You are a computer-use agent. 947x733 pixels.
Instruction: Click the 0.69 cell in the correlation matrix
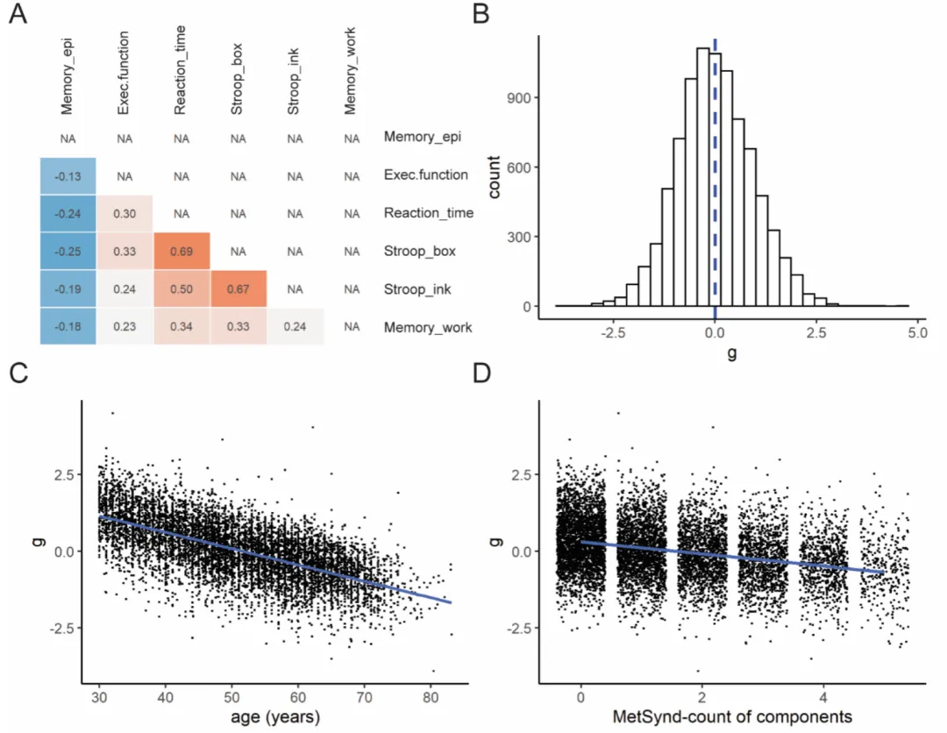[181, 252]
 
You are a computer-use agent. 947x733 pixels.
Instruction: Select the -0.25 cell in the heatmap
[68, 252]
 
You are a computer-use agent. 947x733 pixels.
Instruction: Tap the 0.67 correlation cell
[238, 290]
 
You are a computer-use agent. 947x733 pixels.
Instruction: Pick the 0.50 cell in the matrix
[181, 290]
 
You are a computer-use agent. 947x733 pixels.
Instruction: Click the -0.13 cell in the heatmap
[68, 175]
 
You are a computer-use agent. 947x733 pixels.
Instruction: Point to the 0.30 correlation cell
[124, 214]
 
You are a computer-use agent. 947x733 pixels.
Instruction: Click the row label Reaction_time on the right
[428, 213]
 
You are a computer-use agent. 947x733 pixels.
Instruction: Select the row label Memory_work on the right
[427, 328]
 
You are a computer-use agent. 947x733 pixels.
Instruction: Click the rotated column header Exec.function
[124, 74]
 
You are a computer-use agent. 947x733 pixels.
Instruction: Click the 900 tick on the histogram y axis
[529, 98]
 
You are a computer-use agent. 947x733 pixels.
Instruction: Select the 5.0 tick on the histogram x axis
[917, 334]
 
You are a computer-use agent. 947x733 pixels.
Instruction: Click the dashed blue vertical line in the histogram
[715, 175]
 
